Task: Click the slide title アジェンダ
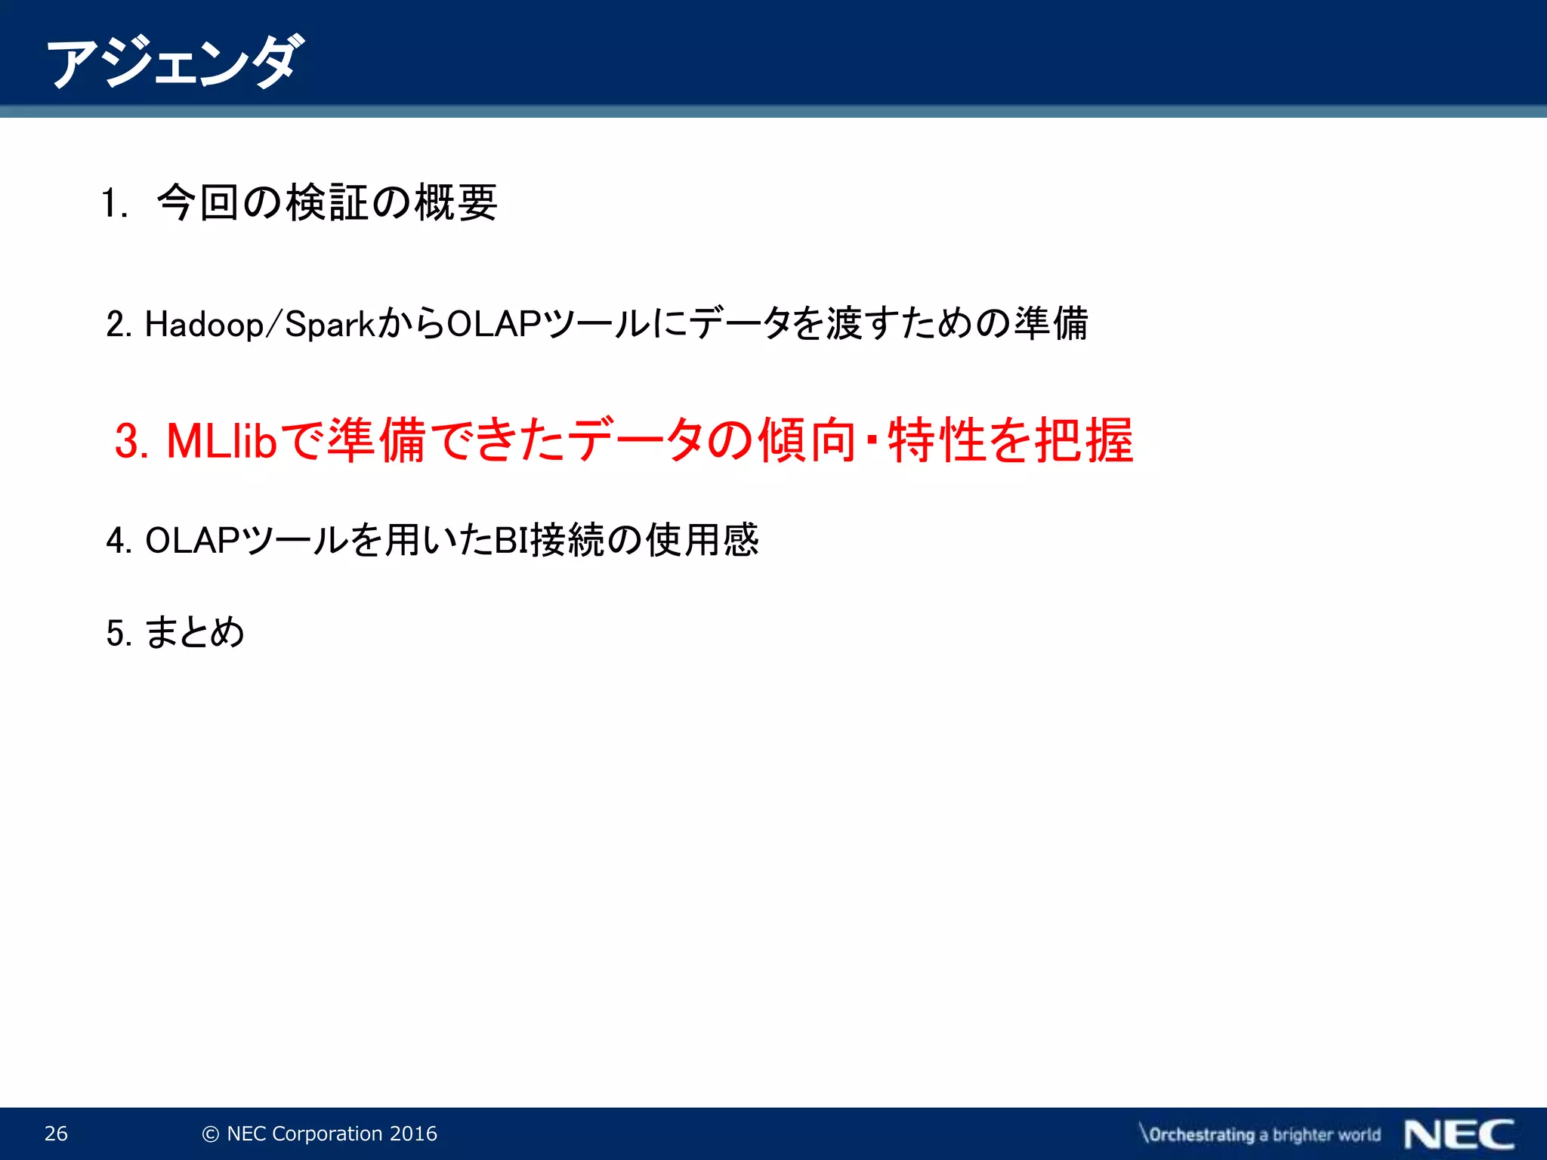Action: coord(175,62)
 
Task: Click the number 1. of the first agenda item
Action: coord(115,204)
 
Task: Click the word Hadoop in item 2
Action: coord(204,325)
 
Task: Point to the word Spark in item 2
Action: coord(329,325)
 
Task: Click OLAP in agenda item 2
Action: coord(494,324)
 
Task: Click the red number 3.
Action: coord(131,441)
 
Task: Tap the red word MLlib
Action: coord(221,440)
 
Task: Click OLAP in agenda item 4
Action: coord(192,541)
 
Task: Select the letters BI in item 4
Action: coord(511,541)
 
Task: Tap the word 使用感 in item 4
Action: coord(702,540)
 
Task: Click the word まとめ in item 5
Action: coord(194,632)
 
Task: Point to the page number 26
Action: coord(56,1134)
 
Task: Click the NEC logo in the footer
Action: coord(1459,1134)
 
